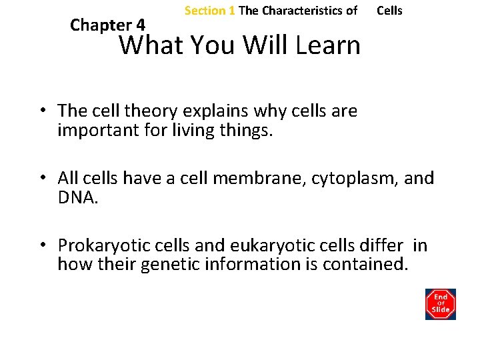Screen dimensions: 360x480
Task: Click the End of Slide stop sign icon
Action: (440, 304)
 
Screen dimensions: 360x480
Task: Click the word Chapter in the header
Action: (101, 25)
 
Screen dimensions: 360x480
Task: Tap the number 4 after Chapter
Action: (140, 25)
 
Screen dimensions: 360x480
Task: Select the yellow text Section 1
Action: (209, 11)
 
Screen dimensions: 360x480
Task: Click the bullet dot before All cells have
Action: (41, 179)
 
